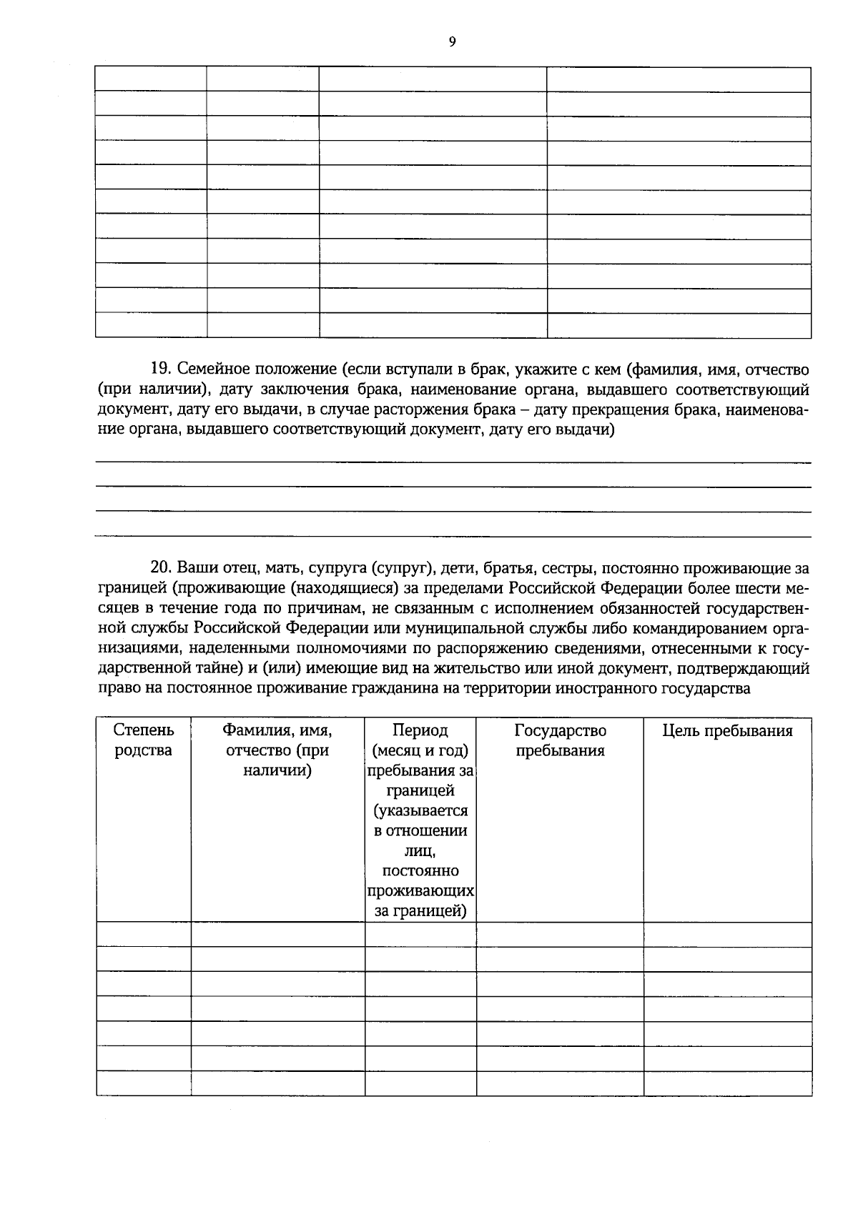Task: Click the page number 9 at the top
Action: click(x=452, y=42)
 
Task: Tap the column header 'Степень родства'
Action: click(x=143, y=740)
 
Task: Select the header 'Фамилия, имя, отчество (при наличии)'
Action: click(x=277, y=750)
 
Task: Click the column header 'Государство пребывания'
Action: click(x=560, y=740)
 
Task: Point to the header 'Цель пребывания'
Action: click(x=727, y=730)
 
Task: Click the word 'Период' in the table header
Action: click(x=420, y=730)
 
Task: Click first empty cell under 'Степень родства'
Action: click(x=143, y=934)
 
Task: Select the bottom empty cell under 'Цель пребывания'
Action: click(x=727, y=1083)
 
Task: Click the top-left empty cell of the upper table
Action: click(x=151, y=79)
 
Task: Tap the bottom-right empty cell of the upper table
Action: click(x=679, y=325)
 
